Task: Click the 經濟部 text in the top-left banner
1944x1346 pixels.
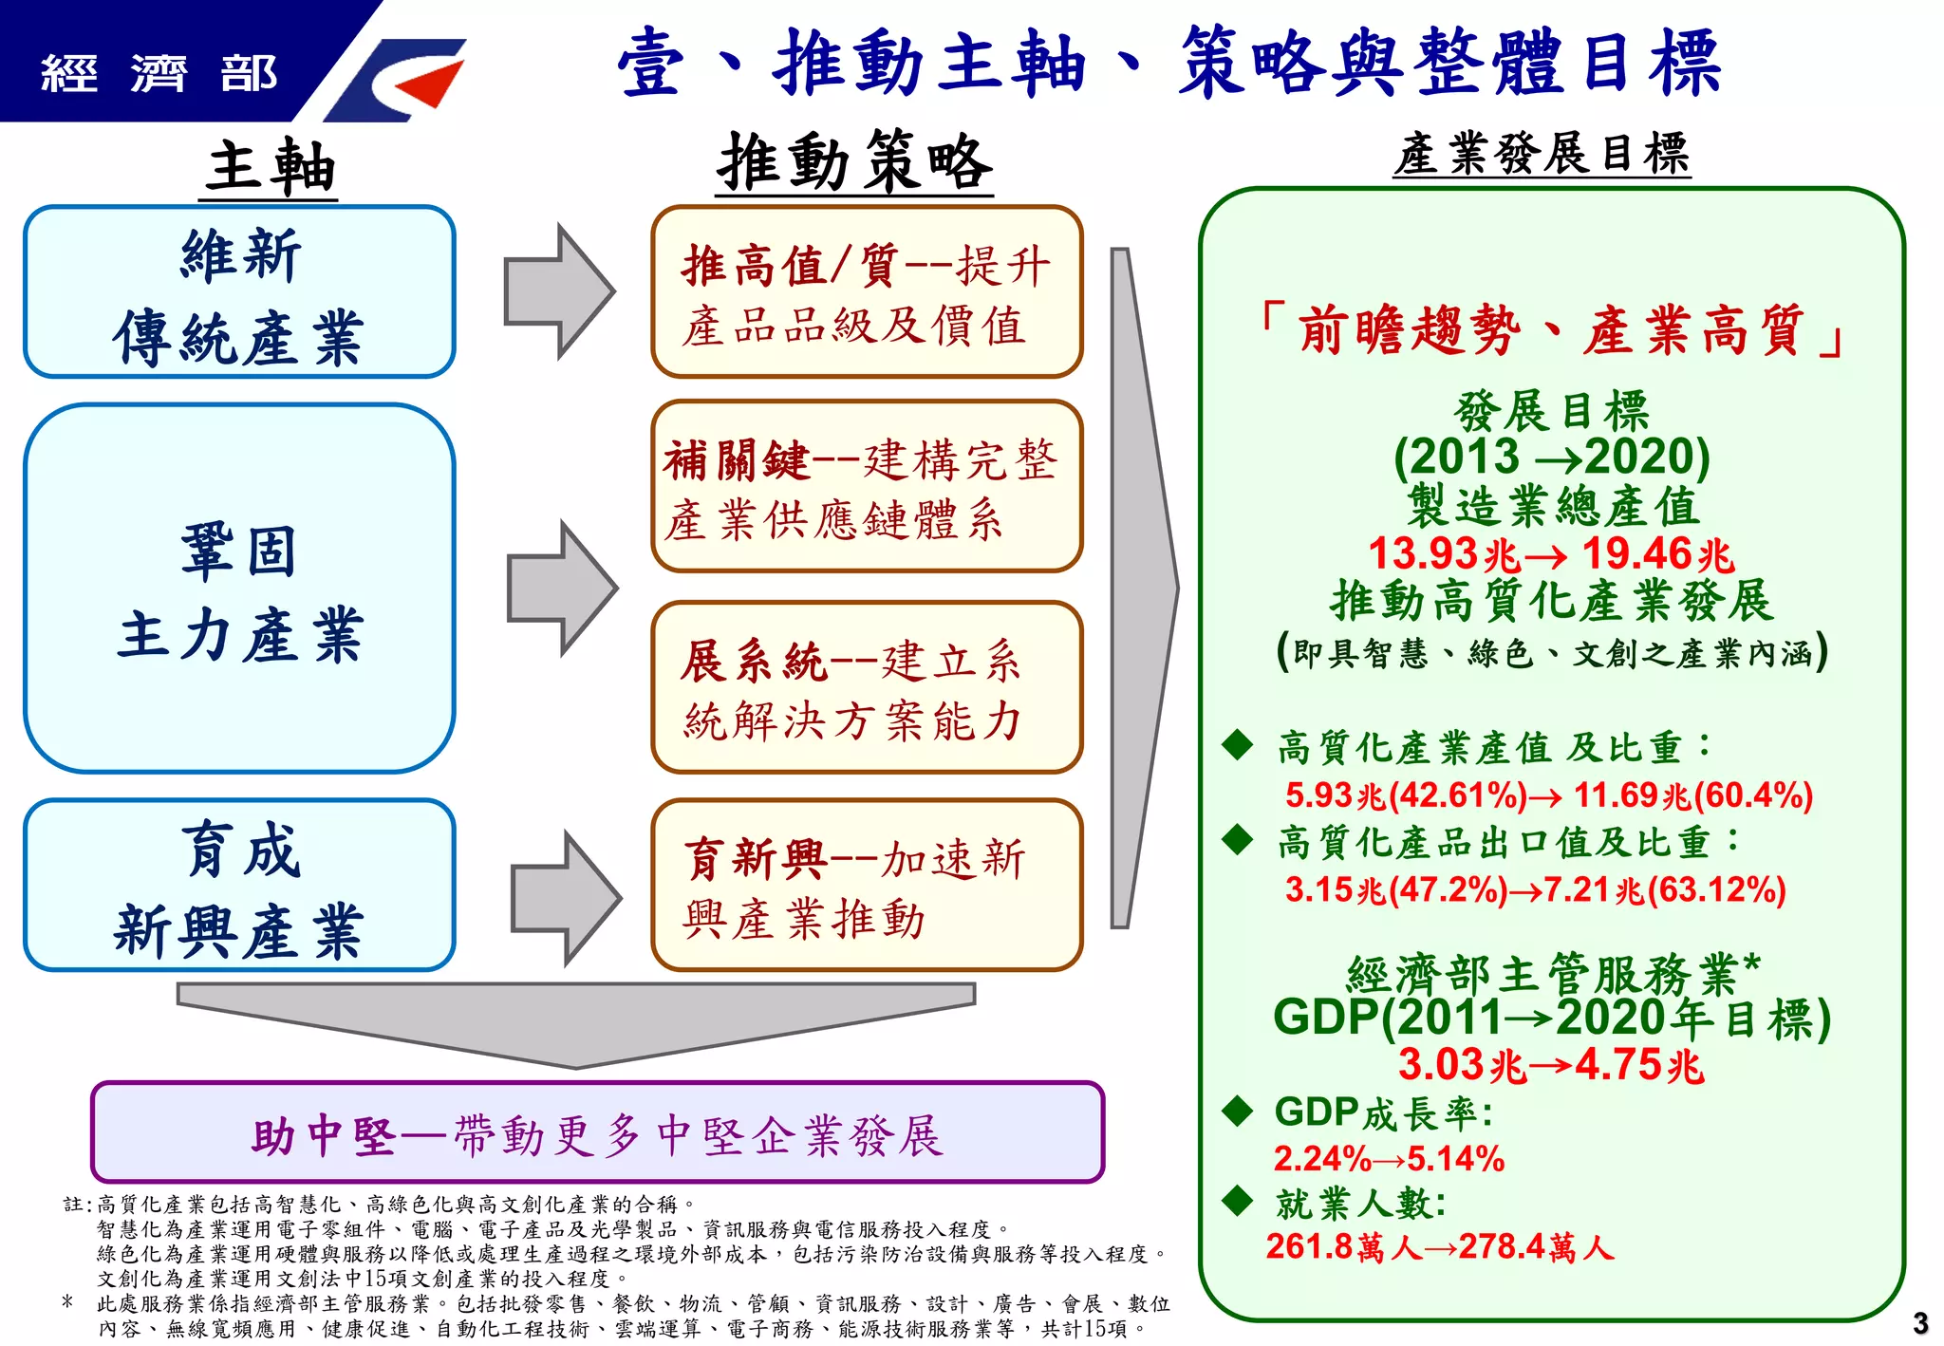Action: [159, 73]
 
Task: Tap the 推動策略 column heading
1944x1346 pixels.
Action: [853, 163]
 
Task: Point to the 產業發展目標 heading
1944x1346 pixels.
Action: [1542, 154]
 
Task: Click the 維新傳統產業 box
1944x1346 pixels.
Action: [239, 292]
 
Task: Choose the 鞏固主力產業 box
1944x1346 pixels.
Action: [239, 589]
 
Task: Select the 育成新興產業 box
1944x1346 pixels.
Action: [239, 885]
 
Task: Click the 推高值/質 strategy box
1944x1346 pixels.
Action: [867, 292]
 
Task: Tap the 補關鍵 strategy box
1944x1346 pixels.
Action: [867, 487]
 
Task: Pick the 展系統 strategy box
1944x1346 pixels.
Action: [867, 687]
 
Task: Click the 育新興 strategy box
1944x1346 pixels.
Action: [867, 885]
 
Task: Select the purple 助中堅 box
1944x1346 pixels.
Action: [597, 1132]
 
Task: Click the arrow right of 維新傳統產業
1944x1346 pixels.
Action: [558, 291]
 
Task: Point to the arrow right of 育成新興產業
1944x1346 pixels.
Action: [565, 897]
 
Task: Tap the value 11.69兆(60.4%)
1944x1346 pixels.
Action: [1693, 795]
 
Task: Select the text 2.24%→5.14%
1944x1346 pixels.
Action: [1389, 1159]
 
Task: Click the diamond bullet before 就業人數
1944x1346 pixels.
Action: [1238, 1201]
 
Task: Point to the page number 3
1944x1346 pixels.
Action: [1920, 1322]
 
